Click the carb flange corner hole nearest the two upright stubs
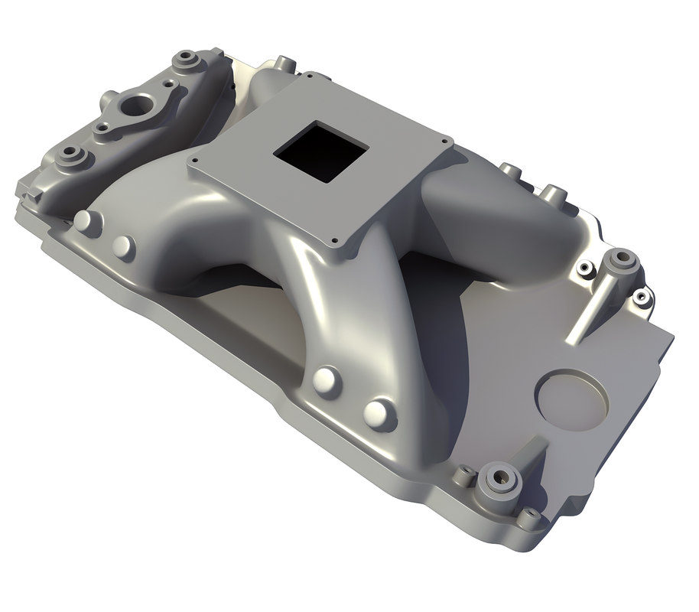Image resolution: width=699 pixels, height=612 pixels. (x=446, y=141)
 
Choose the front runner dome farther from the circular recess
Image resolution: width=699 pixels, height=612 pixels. (x=327, y=379)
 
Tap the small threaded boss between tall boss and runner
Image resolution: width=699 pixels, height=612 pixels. (x=584, y=268)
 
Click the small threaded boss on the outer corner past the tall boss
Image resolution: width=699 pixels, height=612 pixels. (x=641, y=297)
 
